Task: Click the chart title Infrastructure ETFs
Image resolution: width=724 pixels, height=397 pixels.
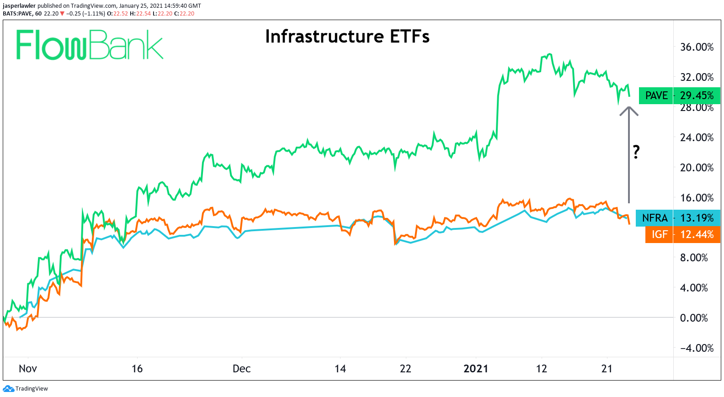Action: click(347, 37)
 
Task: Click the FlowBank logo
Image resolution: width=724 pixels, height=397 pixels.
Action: click(90, 45)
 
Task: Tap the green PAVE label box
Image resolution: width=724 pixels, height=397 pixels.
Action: click(656, 95)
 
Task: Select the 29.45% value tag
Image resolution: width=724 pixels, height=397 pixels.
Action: click(697, 95)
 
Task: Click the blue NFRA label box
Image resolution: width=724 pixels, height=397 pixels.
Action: click(655, 218)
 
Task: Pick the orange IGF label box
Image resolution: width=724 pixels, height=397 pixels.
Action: click(659, 234)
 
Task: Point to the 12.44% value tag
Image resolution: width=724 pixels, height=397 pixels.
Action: click(697, 234)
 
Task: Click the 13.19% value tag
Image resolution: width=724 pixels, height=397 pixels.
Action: click(697, 218)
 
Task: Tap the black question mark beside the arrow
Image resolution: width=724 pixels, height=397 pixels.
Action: click(636, 152)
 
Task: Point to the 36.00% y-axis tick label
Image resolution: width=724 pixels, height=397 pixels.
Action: click(697, 47)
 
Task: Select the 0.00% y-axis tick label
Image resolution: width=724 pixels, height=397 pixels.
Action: click(694, 318)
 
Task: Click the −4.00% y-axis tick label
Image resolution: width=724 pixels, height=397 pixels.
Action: click(697, 348)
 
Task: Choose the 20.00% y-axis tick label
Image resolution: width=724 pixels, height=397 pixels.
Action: click(697, 168)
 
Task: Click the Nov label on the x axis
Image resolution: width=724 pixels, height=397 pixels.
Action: click(27, 369)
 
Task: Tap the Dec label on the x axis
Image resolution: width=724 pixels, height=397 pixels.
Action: click(241, 369)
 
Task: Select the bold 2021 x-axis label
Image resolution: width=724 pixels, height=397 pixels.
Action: click(476, 369)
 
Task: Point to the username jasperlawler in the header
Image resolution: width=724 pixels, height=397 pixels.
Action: click(19, 6)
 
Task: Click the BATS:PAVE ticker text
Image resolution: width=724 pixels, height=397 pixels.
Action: click(18, 14)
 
